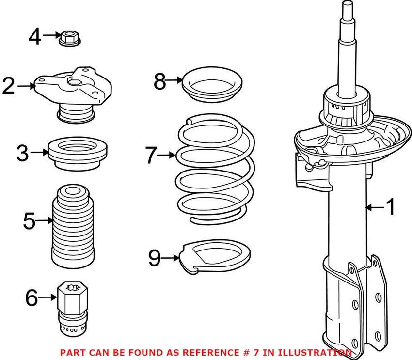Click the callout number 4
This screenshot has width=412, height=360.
click(35, 37)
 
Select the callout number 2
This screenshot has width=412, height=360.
click(9, 86)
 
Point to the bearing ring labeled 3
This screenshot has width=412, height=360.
click(78, 154)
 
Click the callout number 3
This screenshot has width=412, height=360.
click(23, 154)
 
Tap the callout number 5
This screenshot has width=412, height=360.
click(29, 221)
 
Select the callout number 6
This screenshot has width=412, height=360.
click(32, 298)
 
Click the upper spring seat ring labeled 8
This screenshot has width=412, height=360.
click(212, 84)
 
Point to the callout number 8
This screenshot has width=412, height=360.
click(160, 82)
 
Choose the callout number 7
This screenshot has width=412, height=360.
click(151, 155)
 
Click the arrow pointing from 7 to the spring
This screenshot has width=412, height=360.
click(166, 155)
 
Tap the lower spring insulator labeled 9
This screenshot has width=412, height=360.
click(215, 257)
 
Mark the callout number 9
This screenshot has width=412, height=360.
click(155, 258)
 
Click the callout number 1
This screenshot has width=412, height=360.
click(390, 207)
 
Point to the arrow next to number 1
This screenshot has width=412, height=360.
click(375, 207)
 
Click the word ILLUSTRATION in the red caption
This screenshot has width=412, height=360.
click(315, 352)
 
